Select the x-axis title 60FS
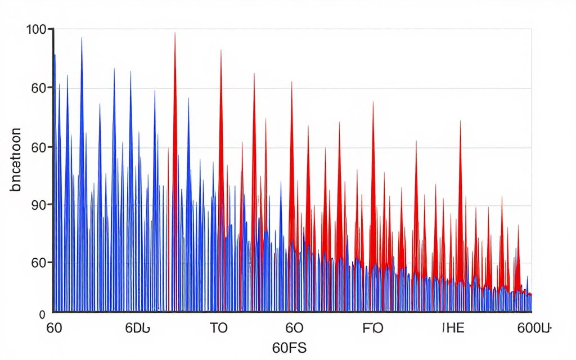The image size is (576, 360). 289,347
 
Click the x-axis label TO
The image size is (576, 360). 218,328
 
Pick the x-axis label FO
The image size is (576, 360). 373,328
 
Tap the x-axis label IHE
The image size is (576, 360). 453,328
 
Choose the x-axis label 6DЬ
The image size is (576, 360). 137,328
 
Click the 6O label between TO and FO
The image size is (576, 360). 294,328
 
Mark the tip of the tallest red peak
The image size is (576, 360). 175,33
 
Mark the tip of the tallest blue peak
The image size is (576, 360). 82,38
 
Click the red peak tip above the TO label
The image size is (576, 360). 220,50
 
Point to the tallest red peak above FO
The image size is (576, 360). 373,102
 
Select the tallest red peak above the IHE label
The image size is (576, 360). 460,121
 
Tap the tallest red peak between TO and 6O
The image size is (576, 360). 254,74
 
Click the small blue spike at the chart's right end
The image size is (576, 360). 527,277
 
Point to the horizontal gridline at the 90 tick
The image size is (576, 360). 292,205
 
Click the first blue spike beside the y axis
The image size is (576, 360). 55,55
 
